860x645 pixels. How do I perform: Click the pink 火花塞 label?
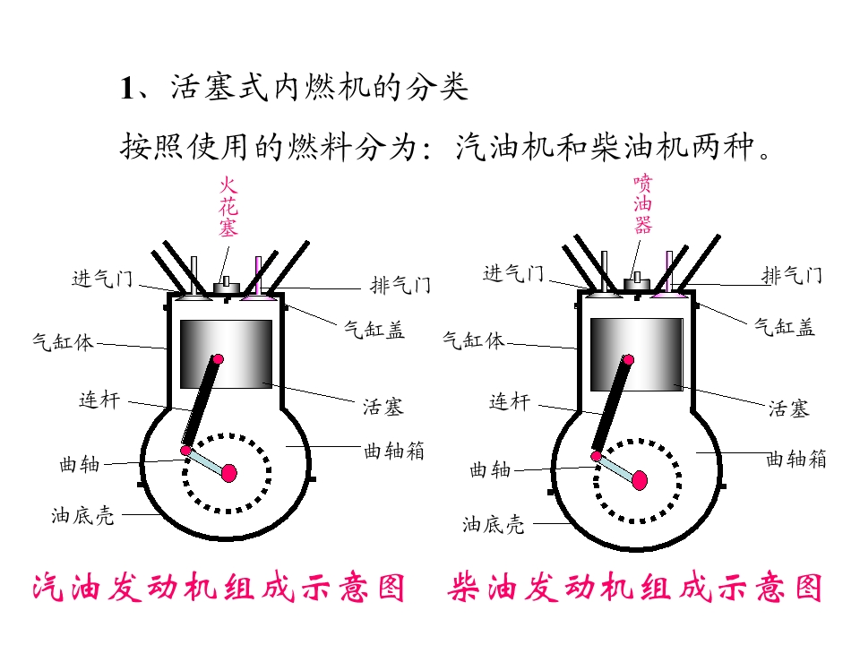click(228, 206)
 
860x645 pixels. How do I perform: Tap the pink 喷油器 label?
click(643, 203)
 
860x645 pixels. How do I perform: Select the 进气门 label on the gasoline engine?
click(102, 279)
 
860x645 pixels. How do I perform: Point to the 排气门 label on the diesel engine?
click(791, 275)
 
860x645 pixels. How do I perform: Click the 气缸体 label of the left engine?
click(63, 342)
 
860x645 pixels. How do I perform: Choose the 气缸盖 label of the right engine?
click(785, 327)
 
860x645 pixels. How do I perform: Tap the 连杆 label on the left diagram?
click(99, 400)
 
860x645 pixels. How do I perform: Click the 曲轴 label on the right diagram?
click(490, 470)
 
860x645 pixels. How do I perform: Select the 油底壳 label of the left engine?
click(82, 516)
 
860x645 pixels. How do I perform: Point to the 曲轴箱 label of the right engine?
click(795, 459)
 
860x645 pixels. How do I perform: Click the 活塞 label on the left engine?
click(383, 407)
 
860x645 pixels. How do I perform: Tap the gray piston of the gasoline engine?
click(226, 355)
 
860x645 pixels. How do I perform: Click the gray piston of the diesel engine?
click(636, 355)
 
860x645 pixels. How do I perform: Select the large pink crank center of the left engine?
click(228, 473)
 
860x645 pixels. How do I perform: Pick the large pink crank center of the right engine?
click(640, 480)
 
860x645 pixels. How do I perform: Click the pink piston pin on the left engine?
click(218, 360)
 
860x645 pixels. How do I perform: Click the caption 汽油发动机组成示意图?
click(219, 588)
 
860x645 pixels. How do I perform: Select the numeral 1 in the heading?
click(126, 89)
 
